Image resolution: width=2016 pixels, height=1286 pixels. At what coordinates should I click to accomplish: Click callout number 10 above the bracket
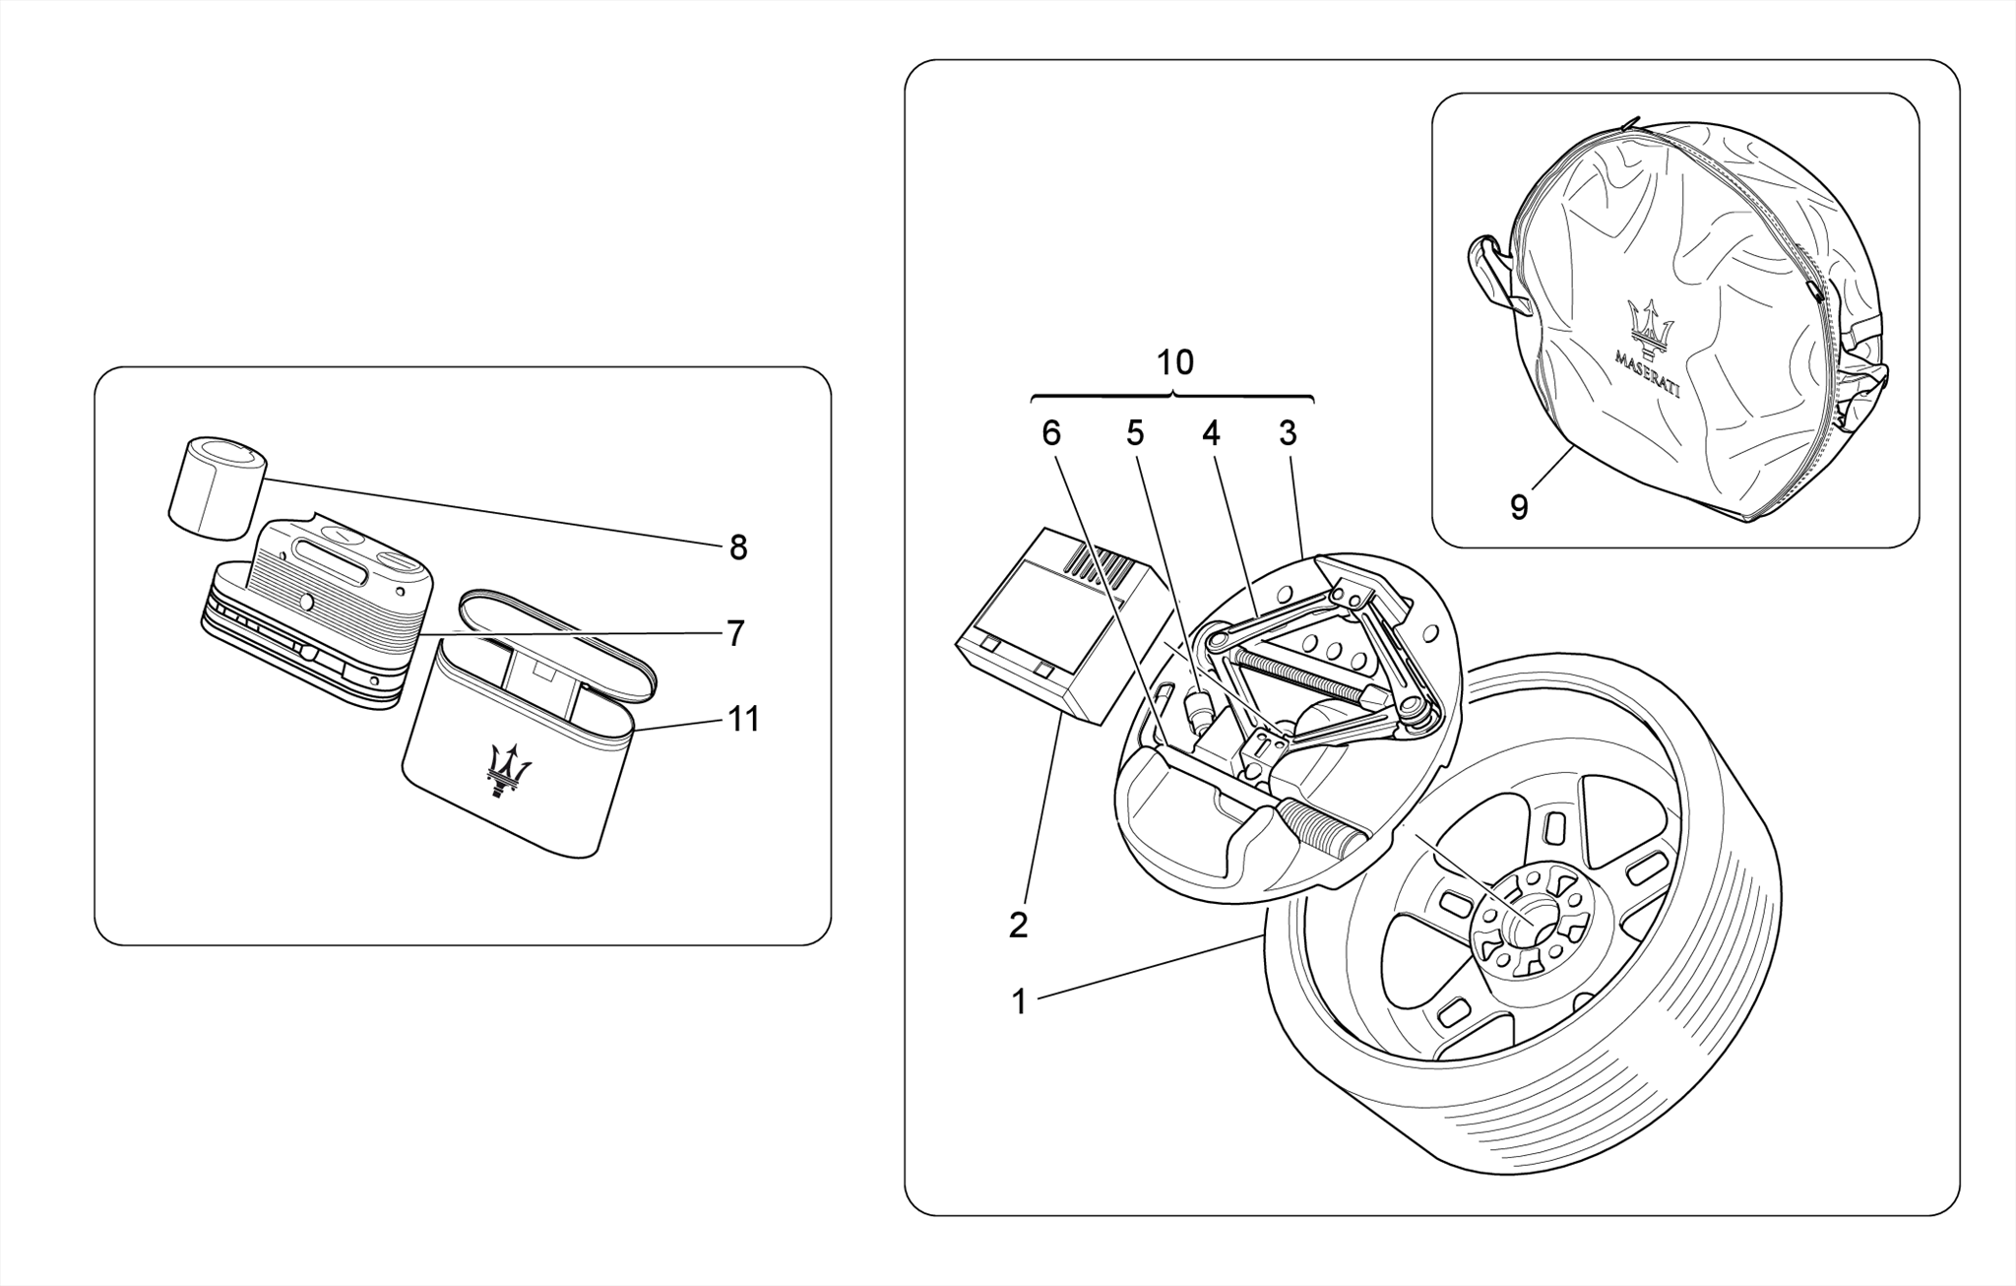click(x=1174, y=362)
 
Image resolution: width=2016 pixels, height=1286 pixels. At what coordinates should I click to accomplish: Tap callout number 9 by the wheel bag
click(x=1519, y=507)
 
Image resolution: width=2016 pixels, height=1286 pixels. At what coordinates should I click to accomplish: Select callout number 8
click(x=738, y=548)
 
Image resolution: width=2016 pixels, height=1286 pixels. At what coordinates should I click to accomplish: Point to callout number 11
click(x=744, y=720)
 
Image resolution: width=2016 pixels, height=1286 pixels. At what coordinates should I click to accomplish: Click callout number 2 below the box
click(x=1018, y=925)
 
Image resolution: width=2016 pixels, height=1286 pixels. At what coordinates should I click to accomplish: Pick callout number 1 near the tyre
click(x=1019, y=1002)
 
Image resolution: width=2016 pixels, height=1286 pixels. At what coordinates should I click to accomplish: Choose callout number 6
click(x=1051, y=433)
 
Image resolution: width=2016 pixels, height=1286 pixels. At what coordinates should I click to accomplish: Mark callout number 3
click(x=1288, y=433)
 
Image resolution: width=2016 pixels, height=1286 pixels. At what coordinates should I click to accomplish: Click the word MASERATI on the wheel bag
click(x=1648, y=370)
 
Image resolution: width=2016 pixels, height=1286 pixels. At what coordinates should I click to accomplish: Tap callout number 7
click(x=735, y=633)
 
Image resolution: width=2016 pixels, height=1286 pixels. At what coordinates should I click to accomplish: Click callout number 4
click(x=1210, y=433)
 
